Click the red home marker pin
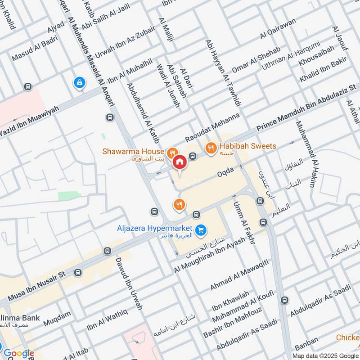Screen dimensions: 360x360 [180, 162]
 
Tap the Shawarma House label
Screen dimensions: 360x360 [133, 152]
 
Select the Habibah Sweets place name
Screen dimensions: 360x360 [247, 146]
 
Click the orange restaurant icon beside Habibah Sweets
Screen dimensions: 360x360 [210, 147]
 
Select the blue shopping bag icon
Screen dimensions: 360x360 [79, 82]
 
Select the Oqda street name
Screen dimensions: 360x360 [226, 172]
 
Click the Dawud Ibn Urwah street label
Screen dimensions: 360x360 [129, 283]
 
